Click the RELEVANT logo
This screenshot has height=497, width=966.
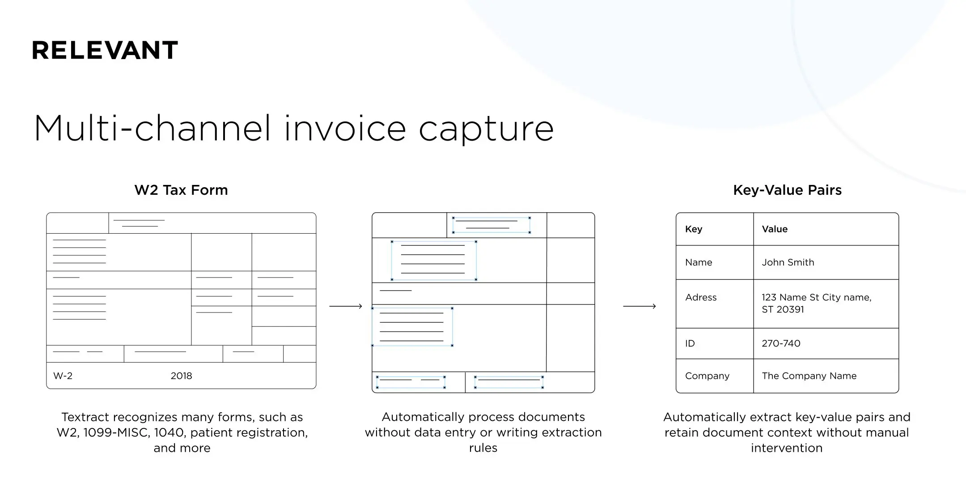105,50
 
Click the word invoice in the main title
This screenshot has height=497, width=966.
345,129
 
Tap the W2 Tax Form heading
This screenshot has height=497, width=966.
181,190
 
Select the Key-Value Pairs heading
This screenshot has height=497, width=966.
787,190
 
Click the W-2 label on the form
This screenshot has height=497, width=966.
63,376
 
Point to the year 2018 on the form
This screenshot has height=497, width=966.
181,376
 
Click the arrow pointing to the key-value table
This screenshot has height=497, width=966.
640,306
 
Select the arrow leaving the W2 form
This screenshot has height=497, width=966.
345,306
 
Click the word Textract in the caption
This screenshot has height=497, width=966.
85,417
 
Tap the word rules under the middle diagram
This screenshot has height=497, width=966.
483,448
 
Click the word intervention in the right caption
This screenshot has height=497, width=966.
786,448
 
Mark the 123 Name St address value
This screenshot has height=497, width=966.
816,303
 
